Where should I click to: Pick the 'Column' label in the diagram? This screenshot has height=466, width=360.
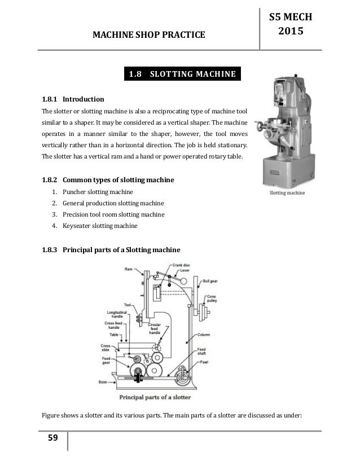[203, 319]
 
